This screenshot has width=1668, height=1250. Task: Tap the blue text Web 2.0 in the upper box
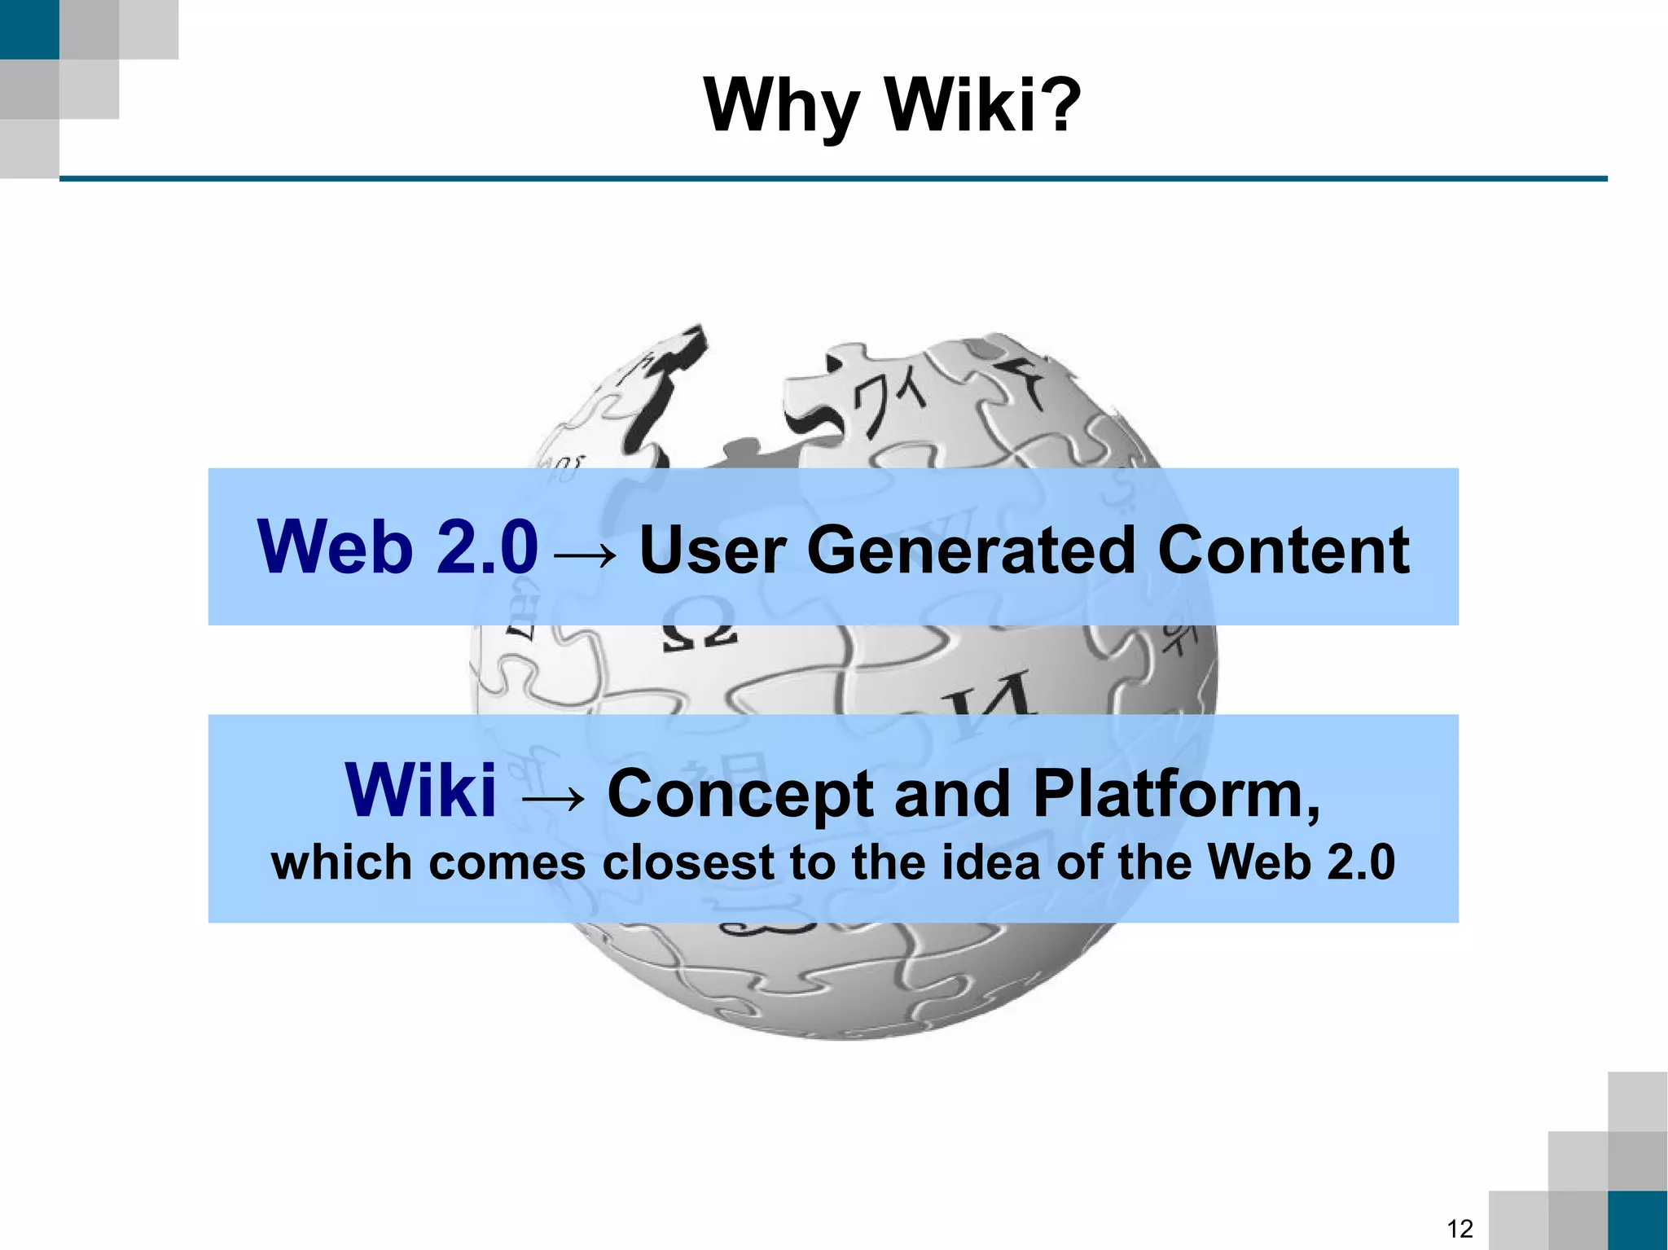(x=397, y=547)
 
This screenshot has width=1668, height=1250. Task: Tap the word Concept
(x=740, y=796)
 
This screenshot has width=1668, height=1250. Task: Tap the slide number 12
(x=1459, y=1228)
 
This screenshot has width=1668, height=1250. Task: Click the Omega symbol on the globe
(x=699, y=626)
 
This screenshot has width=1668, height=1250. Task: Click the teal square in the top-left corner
(x=29, y=29)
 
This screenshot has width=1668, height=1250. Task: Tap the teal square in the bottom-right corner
(x=1638, y=1220)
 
